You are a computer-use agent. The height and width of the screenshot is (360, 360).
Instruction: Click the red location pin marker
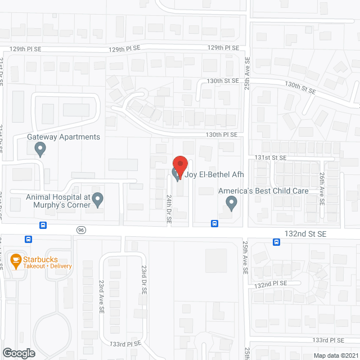(x=180, y=164)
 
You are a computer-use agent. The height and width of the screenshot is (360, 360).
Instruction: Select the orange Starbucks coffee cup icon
(x=16, y=259)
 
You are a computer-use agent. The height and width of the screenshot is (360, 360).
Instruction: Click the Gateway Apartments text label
(x=64, y=137)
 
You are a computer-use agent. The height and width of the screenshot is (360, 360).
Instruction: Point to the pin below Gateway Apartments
(x=40, y=149)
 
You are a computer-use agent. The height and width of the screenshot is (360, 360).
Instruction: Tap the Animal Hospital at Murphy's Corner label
(x=58, y=201)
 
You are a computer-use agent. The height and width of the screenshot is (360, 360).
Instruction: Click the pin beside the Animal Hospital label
(x=97, y=199)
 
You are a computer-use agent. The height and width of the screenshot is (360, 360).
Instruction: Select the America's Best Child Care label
(x=264, y=191)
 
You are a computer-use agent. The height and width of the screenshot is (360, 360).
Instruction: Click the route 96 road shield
(x=81, y=229)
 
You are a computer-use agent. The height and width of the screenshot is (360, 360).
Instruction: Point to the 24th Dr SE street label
(x=168, y=209)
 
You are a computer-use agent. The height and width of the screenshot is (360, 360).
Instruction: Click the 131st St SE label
(x=271, y=158)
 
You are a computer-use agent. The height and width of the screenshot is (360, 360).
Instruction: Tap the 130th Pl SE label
(x=221, y=135)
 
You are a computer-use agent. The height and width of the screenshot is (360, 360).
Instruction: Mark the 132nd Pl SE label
(x=271, y=285)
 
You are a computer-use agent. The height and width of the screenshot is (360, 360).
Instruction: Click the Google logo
(x=19, y=353)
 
